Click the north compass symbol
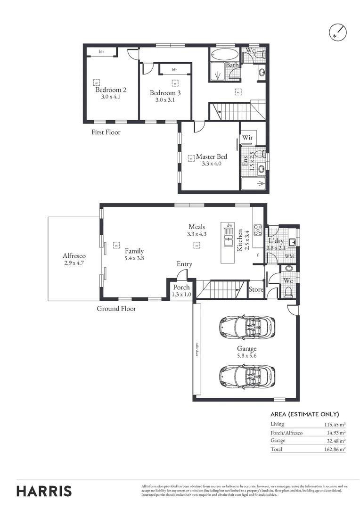point(337,32)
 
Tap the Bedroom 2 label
point(111,90)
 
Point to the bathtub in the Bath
point(224,53)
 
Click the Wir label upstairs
point(248,138)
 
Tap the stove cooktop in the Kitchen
point(258,230)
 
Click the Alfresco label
point(74,256)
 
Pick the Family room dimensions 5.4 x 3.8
point(134,258)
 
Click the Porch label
point(181,287)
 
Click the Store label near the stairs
point(256,289)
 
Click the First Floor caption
point(106,132)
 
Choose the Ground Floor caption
point(116,309)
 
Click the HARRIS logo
point(44,491)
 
